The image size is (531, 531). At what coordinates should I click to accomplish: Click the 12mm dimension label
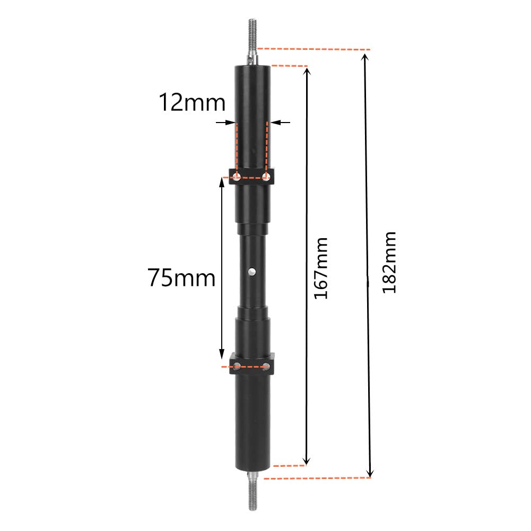(192, 102)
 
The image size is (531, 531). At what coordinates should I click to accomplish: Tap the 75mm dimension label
(181, 277)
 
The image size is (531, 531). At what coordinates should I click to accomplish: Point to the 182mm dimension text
(389, 262)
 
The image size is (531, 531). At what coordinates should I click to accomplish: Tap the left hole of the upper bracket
(237, 176)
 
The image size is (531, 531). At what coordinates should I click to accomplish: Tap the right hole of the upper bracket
(266, 176)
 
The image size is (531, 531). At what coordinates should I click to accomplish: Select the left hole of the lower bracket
(237, 365)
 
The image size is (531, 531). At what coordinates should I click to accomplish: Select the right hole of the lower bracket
(266, 365)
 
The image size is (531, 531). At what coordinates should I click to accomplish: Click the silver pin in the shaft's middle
(252, 272)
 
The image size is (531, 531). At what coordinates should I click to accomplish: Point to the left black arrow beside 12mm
(226, 123)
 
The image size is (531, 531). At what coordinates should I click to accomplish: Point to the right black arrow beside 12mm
(281, 123)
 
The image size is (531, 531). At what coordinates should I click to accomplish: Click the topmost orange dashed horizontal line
(313, 49)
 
